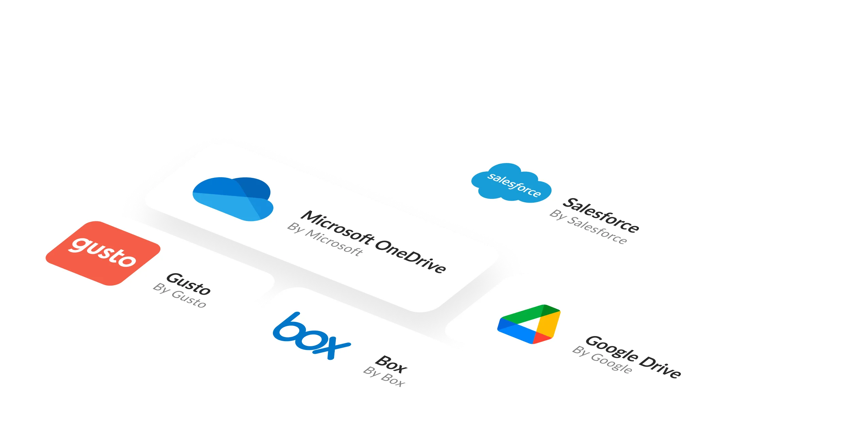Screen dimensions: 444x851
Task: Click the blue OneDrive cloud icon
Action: click(233, 199)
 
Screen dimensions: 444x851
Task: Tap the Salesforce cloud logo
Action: click(511, 183)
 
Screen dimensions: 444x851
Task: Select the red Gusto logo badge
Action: click(103, 253)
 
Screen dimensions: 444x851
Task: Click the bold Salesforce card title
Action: click(601, 216)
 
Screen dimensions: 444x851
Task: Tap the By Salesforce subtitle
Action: click(588, 227)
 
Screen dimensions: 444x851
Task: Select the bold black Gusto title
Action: click(189, 283)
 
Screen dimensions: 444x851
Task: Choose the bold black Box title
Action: click(391, 364)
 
